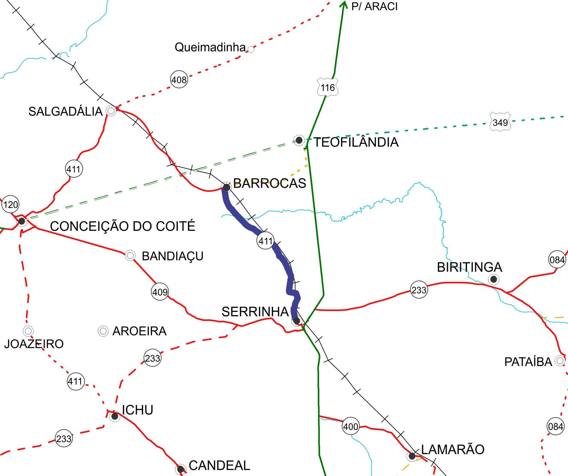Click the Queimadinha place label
tap(210, 47)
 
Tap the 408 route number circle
tap(179, 80)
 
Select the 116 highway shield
tap(328, 87)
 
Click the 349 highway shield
tap(500, 122)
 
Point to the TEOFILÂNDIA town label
tap(356, 142)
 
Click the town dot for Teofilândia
tap(299, 140)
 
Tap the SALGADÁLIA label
tap(65, 112)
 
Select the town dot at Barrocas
tap(226, 187)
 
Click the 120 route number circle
tap(11, 205)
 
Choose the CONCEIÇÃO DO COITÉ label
tap(123, 226)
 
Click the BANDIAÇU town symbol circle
tap(130, 255)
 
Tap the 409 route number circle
tap(160, 292)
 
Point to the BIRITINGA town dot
tap(494, 279)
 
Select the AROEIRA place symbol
tap(103, 331)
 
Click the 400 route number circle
tap(351, 426)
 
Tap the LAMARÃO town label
tap(453, 450)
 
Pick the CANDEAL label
tap(219, 466)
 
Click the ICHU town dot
tap(114, 416)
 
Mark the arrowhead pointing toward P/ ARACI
tap(344, 4)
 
